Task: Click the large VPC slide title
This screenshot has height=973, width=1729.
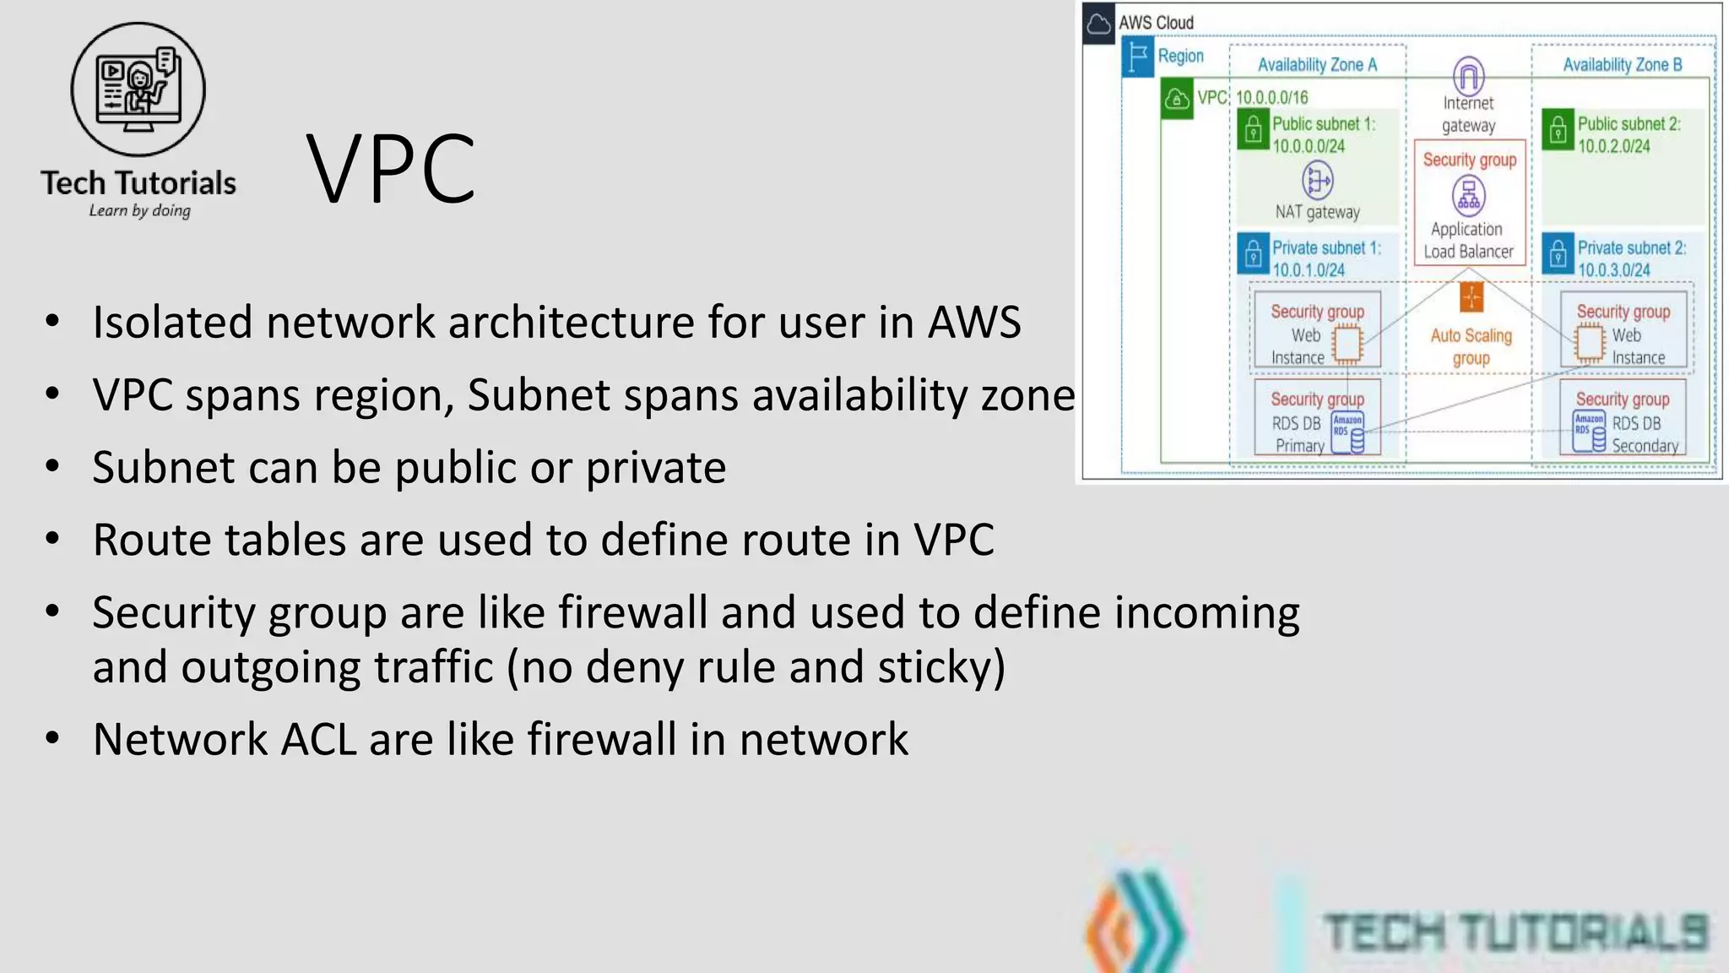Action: (390, 169)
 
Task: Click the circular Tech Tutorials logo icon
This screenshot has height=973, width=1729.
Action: (138, 90)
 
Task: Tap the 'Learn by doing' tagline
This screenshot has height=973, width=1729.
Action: (139, 210)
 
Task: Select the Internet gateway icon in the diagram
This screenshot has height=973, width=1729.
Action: (1468, 77)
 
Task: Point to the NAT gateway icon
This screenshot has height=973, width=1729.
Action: (1317, 180)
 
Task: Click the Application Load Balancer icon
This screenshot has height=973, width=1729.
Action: (1469, 196)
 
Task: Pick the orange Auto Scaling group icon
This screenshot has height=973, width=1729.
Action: (1471, 297)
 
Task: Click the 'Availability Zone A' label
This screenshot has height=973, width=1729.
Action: (1317, 65)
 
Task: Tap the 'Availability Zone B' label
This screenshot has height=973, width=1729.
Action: (1622, 65)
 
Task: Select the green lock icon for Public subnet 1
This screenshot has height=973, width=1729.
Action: (1254, 130)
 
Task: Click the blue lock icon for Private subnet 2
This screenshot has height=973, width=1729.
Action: (1558, 253)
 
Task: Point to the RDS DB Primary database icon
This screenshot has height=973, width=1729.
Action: (1347, 432)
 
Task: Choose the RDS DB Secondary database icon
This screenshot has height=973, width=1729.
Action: (1589, 431)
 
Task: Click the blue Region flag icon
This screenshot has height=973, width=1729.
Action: (1138, 57)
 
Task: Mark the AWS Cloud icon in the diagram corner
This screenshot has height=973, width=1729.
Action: (1098, 24)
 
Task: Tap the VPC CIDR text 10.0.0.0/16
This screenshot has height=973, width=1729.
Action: (1271, 98)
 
